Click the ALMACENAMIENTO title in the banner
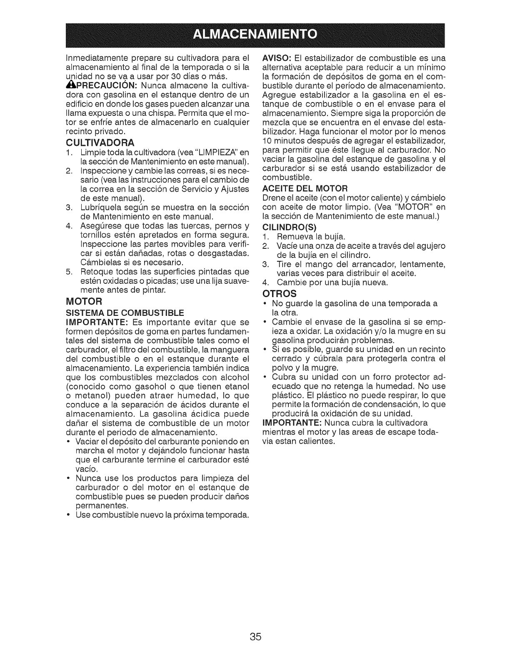tap(255, 33)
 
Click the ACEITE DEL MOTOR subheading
tap(305, 187)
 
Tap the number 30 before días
tap(177, 77)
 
